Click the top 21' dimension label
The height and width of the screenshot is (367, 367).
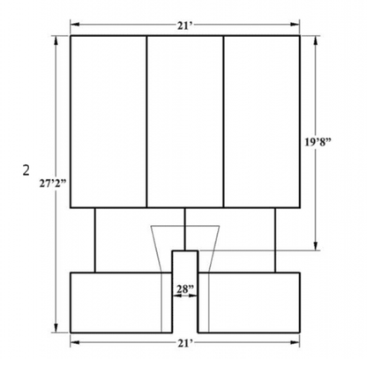pyautogui.click(x=184, y=26)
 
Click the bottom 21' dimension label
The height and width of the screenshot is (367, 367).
pyautogui.click(x=184, y=343)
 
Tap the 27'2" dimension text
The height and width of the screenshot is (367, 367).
pyautogui.click(x=53, y=183)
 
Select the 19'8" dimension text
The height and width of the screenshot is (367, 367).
pyautogui.click(x=318, y=142)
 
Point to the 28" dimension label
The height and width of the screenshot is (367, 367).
pyautogui.click(x=185, y=289)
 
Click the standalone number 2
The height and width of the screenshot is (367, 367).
pyautogui.click(x=26, y=170)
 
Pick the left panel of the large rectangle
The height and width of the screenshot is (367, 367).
pyautogui.click(x=109, y=122)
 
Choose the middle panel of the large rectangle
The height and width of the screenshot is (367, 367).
pyautogui.click(x=185, y=122)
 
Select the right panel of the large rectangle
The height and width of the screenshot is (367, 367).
pyautogui.click(x=262, y=122)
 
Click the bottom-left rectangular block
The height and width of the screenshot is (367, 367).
pyautogui.click(x=121, y=303)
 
